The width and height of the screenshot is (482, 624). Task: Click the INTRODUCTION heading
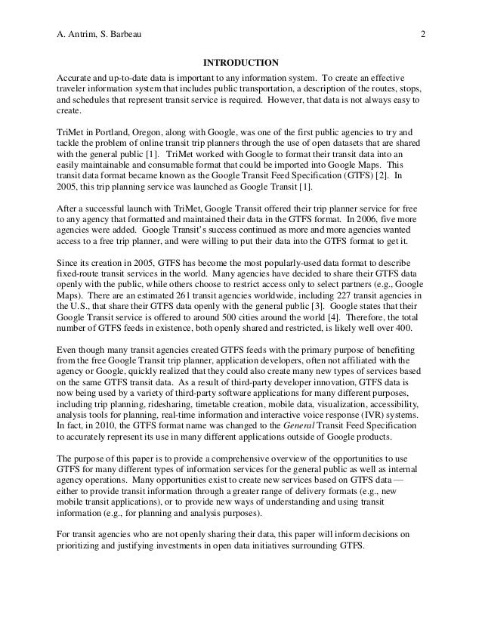point(240,62)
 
